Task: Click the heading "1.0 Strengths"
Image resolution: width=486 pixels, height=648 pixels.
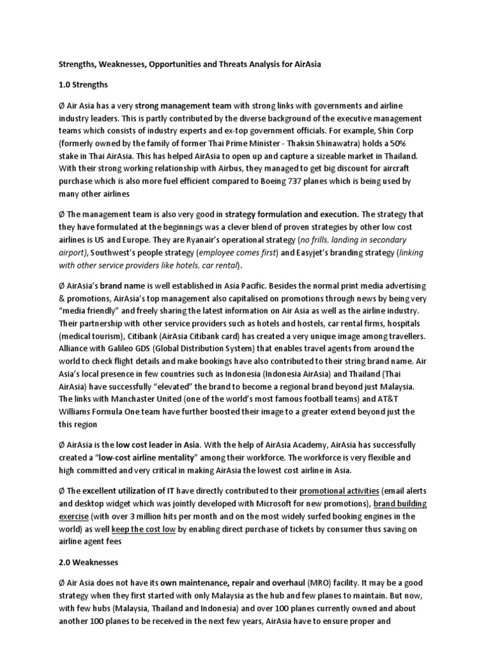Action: point(82,84)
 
